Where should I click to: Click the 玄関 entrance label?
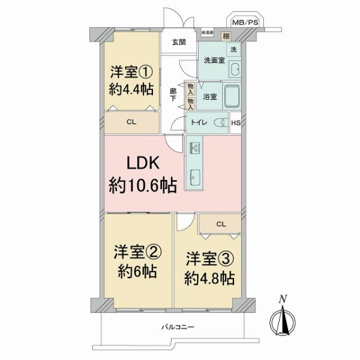[178, 42]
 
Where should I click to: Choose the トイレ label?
[199, 122]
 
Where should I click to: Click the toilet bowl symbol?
[221, 122]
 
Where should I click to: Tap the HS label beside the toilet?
[235, 123]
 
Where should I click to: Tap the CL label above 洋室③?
[220, 224]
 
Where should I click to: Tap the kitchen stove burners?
[196, 147]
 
